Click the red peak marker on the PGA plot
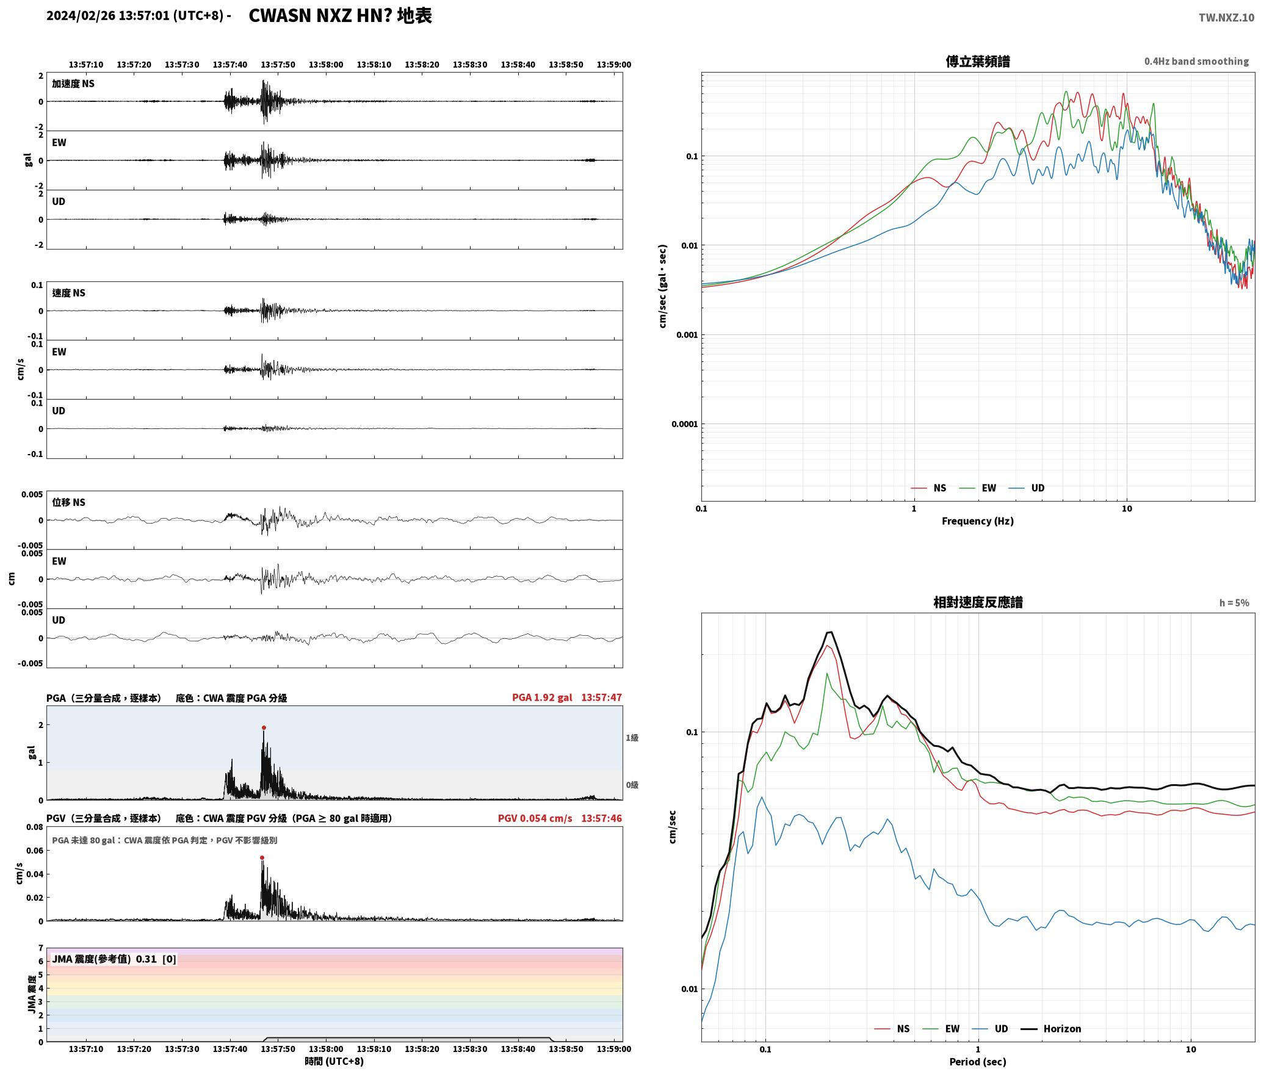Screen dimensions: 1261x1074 coord(264,727)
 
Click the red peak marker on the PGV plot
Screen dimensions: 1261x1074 coord(262,857)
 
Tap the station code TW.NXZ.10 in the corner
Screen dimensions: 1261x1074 coord(1226,18)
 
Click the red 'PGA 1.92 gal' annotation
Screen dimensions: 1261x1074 coord(542,697)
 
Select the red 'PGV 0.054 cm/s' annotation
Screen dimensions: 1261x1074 coord(535,818)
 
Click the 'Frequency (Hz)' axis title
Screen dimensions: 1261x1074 coord(977,521)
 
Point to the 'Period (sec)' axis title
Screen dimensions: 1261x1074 coord(977,1062)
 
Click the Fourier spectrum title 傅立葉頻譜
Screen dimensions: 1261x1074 coord(977,62)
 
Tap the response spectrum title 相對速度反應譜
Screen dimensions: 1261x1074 coord(978,602)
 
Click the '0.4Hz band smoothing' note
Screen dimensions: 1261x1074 coord(1196,62)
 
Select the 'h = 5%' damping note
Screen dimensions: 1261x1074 coord(1234,603)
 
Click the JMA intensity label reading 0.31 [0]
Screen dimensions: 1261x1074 coord(114,959)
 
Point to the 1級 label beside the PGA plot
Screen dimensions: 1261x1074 coord(632,738)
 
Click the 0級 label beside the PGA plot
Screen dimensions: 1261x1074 coord(632,785)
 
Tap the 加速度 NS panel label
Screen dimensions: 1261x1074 coord(73,84)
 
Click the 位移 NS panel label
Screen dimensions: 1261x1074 coord(68,502)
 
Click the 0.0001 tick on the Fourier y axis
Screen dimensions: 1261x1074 coord(684,424)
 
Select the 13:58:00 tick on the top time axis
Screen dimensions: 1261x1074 coord(326,65)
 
